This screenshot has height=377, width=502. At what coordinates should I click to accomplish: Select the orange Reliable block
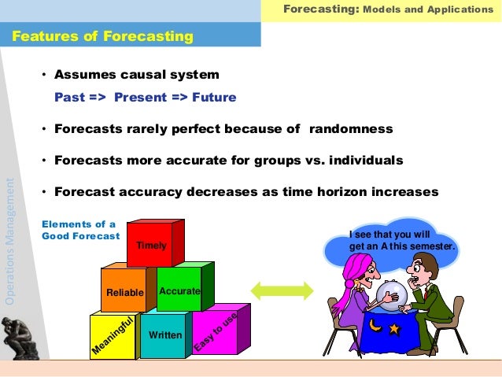tap(124, 292)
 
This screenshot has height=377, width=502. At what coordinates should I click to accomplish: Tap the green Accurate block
tap(179, 290)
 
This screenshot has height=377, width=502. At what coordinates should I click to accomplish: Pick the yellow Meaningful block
tap(112, 337)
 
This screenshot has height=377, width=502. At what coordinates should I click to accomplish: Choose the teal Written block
tap(165, 335)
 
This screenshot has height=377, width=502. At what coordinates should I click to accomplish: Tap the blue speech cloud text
tap(402, 240)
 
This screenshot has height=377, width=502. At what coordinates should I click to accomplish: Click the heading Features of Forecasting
tap(102, 36)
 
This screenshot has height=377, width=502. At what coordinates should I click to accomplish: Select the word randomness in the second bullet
tap(350, 129)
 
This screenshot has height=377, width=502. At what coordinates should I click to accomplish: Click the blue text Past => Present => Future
tap(145, 98)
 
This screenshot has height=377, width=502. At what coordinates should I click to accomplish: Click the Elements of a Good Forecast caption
tap(80, 230)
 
